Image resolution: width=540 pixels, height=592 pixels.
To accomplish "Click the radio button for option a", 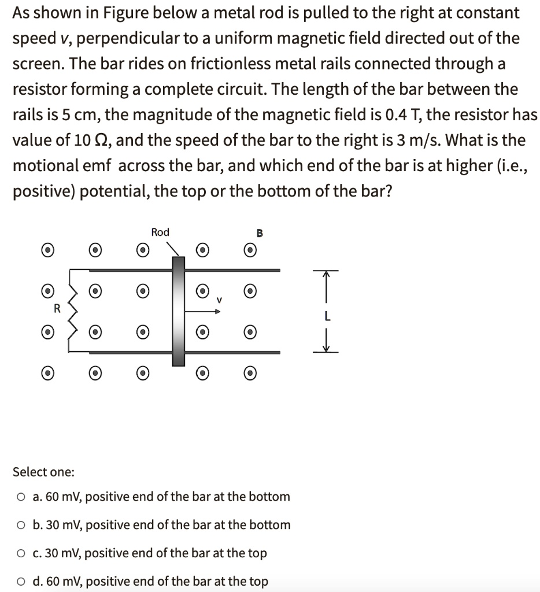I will (21, 497).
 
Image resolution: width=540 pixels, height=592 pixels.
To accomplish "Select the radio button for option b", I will (21, 525).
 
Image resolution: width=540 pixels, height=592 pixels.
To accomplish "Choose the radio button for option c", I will (21, 553).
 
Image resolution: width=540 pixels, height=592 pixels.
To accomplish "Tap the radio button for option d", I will (21, 581).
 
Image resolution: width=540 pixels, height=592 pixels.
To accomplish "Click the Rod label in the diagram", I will (160, 232).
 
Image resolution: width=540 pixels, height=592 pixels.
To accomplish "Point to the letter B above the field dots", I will (260, 234).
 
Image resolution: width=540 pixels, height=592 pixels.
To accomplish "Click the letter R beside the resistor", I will (57, 309).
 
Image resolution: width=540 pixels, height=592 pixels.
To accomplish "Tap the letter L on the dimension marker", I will (327, 316).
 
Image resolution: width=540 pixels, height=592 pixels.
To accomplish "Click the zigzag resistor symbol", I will (73, 310).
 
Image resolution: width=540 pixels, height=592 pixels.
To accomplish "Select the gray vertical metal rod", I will (178, 312).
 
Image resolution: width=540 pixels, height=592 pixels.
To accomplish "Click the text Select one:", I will (43, 472).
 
